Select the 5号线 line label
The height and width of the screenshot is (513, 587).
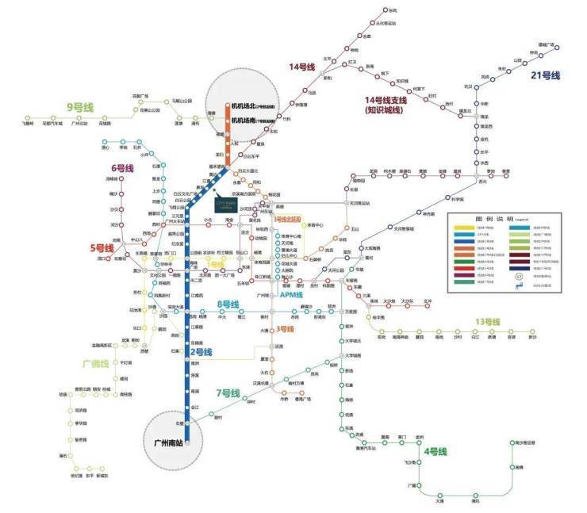(x=102, y=247)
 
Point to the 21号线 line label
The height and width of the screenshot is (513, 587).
(x=546, y=75)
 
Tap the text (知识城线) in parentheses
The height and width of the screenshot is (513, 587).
(x=385, y=110)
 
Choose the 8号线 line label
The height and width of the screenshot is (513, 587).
(x=228, y=304)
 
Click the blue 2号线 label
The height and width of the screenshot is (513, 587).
(x=201, y=351)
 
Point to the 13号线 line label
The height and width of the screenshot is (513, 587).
(x=487, y=322)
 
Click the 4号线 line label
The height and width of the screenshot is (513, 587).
(x=435, y=452)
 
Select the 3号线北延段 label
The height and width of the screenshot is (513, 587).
(x=287, y=218)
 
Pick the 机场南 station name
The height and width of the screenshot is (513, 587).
(x=242, y=121)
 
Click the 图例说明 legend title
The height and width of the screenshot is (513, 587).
(x=492, y=217)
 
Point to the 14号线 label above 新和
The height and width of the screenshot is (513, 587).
(x=302, y=67)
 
